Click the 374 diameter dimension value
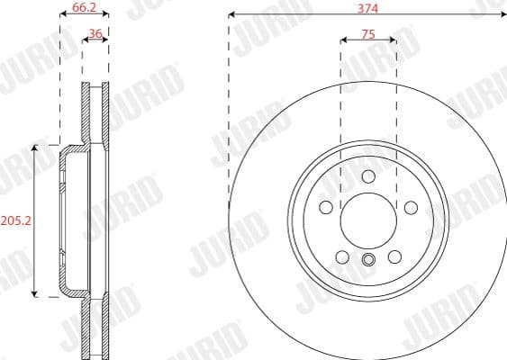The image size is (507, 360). point(367,6)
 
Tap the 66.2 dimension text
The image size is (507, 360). point(84,6)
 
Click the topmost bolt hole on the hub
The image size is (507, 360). point(367,176)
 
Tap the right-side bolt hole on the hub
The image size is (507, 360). point(411,208)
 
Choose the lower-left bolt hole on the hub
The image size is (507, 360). point(341,258)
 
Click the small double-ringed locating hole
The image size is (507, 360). point(367,261)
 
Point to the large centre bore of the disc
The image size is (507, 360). point(367,221)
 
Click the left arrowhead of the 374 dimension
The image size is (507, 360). point(232,15)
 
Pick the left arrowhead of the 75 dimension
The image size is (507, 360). point(343,40)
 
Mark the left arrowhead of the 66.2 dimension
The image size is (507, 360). point(62,15)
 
